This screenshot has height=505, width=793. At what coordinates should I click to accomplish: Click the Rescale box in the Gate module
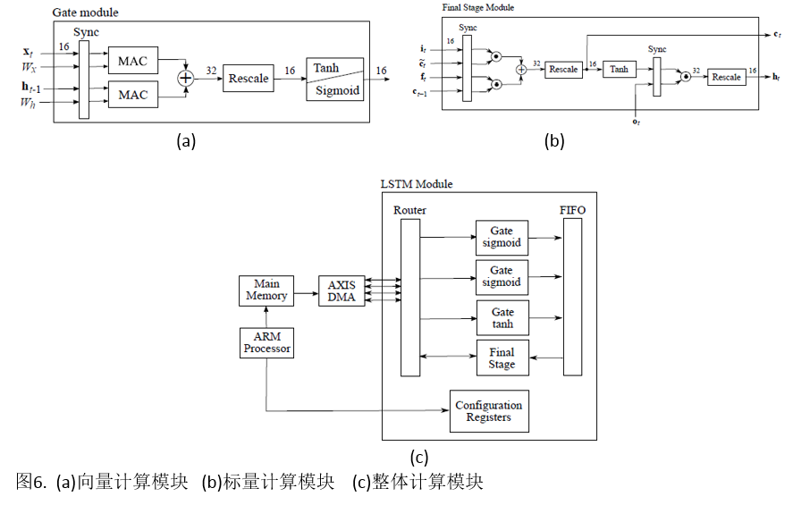(x=248, y=79)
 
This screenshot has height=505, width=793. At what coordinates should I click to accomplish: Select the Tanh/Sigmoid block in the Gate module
(x=335, y=80)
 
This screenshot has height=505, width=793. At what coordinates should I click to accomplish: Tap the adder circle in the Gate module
(x=186, y=79)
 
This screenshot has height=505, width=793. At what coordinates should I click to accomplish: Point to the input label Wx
(x=30, y=68)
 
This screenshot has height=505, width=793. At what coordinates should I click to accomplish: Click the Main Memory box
(x=266, y=290)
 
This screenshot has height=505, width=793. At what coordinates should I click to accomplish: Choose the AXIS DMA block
(x=342, y=291)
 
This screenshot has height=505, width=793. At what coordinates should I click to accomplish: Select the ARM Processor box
(x=266, y=342)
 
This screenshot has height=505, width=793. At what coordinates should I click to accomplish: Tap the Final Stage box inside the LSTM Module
(x=502, y=358)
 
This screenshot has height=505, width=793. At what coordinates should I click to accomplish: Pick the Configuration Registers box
(x=488, y=411)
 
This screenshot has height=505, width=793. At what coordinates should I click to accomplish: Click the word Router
(x=409, y=210)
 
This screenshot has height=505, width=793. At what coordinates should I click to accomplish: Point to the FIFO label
(x=572, y=210)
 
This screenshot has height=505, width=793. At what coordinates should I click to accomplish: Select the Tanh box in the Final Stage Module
(x=620, y=69)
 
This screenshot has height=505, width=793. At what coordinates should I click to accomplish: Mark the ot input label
(x=636, y=122)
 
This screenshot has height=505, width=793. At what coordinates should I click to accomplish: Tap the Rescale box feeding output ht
(x=726, y=77)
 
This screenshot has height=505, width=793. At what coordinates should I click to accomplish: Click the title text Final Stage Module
(x=478, y=7)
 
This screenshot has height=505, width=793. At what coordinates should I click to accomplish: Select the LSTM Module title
(x=417, y=184)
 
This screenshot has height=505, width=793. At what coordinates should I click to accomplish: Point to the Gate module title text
(x=85, y=13)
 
